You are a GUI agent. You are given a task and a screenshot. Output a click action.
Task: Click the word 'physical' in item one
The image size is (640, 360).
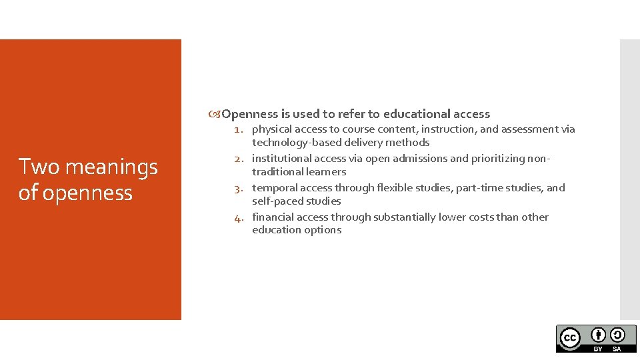point(271,129)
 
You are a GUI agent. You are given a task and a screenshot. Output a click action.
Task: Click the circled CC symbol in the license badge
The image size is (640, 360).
point(569,338)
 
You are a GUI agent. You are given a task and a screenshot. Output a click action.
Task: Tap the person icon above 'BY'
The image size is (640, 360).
point(599,335)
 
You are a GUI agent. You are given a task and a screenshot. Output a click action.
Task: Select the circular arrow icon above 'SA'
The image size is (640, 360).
point(617,335)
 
